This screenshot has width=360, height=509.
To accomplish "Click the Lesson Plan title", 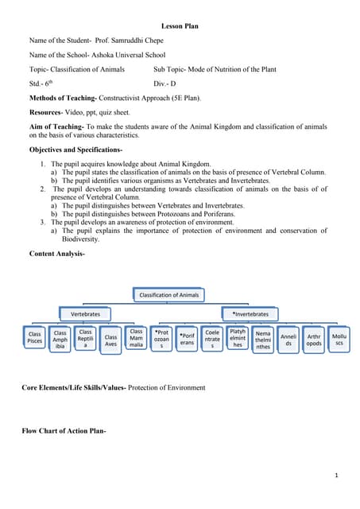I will click(180, 26).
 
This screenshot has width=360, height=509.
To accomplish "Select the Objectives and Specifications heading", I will click(75, 149).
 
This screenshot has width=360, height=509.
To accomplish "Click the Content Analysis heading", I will click(56, 254).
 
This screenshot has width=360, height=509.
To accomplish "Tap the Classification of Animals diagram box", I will click(169, 295).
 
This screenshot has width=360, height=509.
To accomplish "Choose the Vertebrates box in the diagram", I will click(86, 314).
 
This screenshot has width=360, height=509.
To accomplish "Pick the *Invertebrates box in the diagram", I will click(250, 314).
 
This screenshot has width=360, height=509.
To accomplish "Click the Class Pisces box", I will click(35, 338).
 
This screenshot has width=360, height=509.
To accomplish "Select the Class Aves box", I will click(111, 340).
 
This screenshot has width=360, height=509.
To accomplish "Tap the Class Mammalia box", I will click(137, 338).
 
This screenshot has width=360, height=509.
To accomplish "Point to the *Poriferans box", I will click(187, 339).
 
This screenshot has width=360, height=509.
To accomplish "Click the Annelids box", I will click(289, 340).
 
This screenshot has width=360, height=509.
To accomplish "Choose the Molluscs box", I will click(339, 340).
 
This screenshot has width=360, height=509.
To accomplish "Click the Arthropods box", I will click(314, 340).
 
